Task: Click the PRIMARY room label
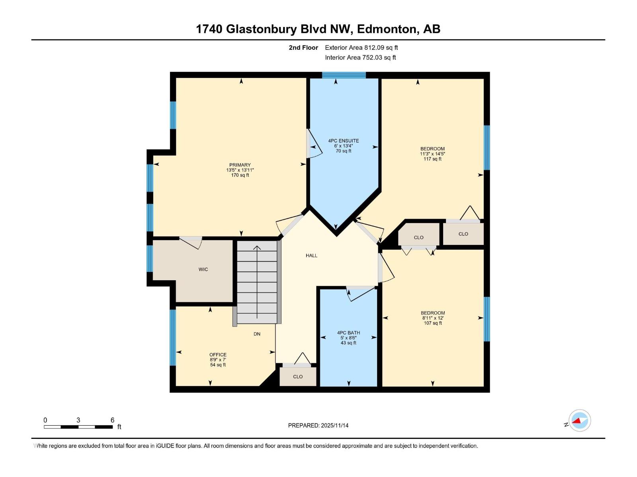240,165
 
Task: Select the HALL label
311,256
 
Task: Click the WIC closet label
203,270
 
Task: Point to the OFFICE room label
218,355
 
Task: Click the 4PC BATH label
348,333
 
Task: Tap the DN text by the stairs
257,334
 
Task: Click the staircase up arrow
257,248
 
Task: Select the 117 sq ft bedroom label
432,154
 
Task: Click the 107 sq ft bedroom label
433,318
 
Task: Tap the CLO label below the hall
298,377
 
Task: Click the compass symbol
579,421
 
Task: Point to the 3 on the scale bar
78,420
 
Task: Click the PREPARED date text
318,425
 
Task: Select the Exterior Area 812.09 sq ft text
361,48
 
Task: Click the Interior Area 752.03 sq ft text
360,58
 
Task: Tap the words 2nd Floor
303,48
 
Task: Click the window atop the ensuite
344,75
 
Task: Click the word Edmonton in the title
387,29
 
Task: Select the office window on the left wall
173,337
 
